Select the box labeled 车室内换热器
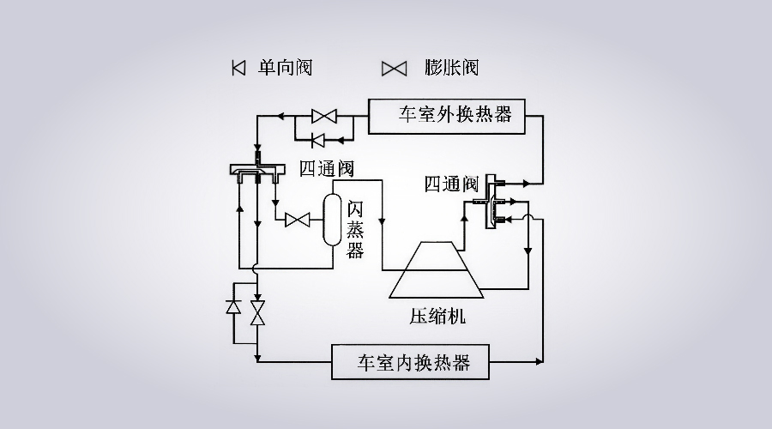coord(412,361)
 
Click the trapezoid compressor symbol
coord(437,269)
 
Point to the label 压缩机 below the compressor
coord(437,317)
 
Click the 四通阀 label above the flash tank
coord(326,167)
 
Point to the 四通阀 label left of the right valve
coord(451,184)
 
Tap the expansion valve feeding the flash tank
coord(298,221)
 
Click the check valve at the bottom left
coord(233,307)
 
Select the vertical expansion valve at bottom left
coord(256,312)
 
